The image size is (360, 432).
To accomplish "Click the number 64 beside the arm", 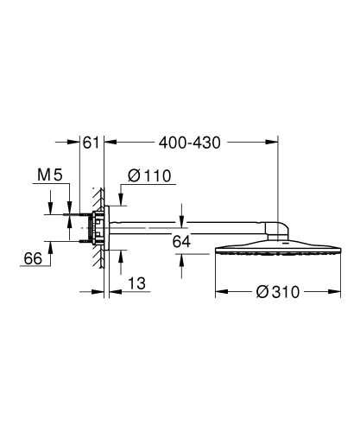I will tap(180, 242).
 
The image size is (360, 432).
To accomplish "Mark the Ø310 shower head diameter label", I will tap(279, 292).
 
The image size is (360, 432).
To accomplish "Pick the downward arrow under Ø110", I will tap(119, 196).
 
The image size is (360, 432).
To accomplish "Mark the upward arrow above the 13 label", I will tap(119, 252).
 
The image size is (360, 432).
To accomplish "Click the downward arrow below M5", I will tap(68, 205).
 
